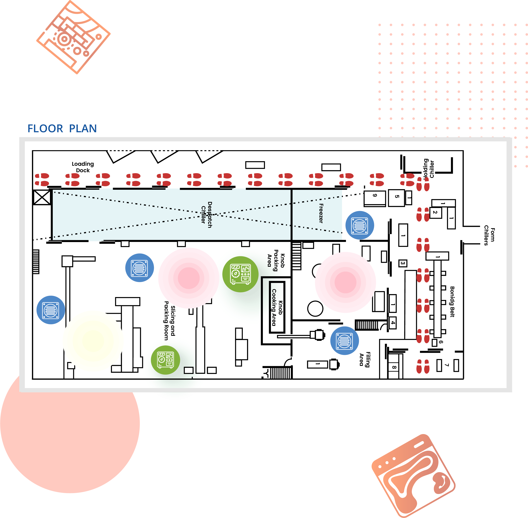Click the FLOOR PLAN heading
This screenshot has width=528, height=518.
point(62,129)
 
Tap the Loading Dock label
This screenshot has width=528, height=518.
point(83,167)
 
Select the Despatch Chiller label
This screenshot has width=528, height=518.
point(206,215)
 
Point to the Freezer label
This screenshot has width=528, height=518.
point(321,213)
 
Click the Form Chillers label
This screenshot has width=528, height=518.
point(489,235)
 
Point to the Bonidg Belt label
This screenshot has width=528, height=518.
point(452,301)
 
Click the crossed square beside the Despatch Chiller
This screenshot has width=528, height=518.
point(42,197)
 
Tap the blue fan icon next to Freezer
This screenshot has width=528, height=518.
point(360,225)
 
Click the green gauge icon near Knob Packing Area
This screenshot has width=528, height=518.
point(240,274)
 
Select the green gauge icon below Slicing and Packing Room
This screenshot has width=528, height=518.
point(165,360)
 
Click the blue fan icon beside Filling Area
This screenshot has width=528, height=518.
point(344,341)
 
